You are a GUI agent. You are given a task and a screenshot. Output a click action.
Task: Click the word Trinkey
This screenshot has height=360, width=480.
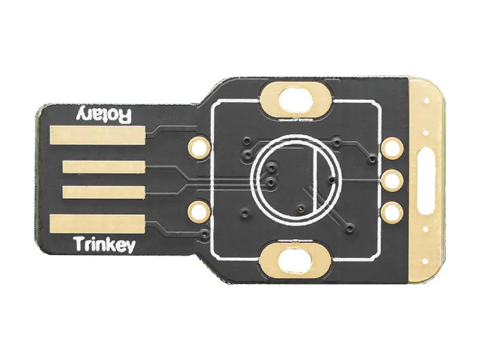105,245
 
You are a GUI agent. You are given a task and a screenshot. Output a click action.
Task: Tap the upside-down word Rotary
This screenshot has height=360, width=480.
104,115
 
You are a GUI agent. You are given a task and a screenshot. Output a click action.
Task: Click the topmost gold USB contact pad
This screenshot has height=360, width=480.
97,135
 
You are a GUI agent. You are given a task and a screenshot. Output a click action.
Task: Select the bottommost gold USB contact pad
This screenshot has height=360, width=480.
97,224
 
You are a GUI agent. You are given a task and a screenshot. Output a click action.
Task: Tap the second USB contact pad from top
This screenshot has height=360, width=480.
104,167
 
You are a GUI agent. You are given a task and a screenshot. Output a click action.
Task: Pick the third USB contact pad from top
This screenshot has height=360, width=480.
104,192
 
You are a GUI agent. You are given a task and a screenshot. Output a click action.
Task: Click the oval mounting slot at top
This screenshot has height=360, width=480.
296,100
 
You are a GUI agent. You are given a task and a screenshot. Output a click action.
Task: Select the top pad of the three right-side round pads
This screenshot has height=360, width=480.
392,149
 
